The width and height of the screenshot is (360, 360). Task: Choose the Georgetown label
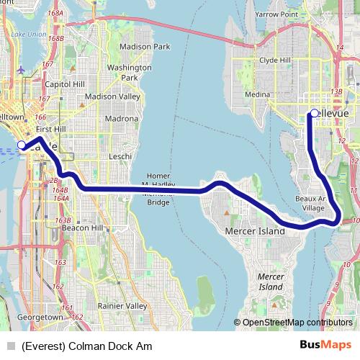(41, 317)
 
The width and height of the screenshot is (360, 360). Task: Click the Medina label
(256, 94)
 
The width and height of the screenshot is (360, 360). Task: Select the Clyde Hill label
(274, 60)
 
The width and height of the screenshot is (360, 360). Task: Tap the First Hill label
(50, 128)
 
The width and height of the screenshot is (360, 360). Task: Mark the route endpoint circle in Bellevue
(315, 113)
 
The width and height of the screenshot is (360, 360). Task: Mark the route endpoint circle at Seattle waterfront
(22, 145)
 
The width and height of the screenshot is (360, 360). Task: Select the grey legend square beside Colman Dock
(9, 345)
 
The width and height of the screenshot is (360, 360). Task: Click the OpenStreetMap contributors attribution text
(297, 323)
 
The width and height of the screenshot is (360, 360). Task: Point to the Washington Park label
(123, 72)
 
